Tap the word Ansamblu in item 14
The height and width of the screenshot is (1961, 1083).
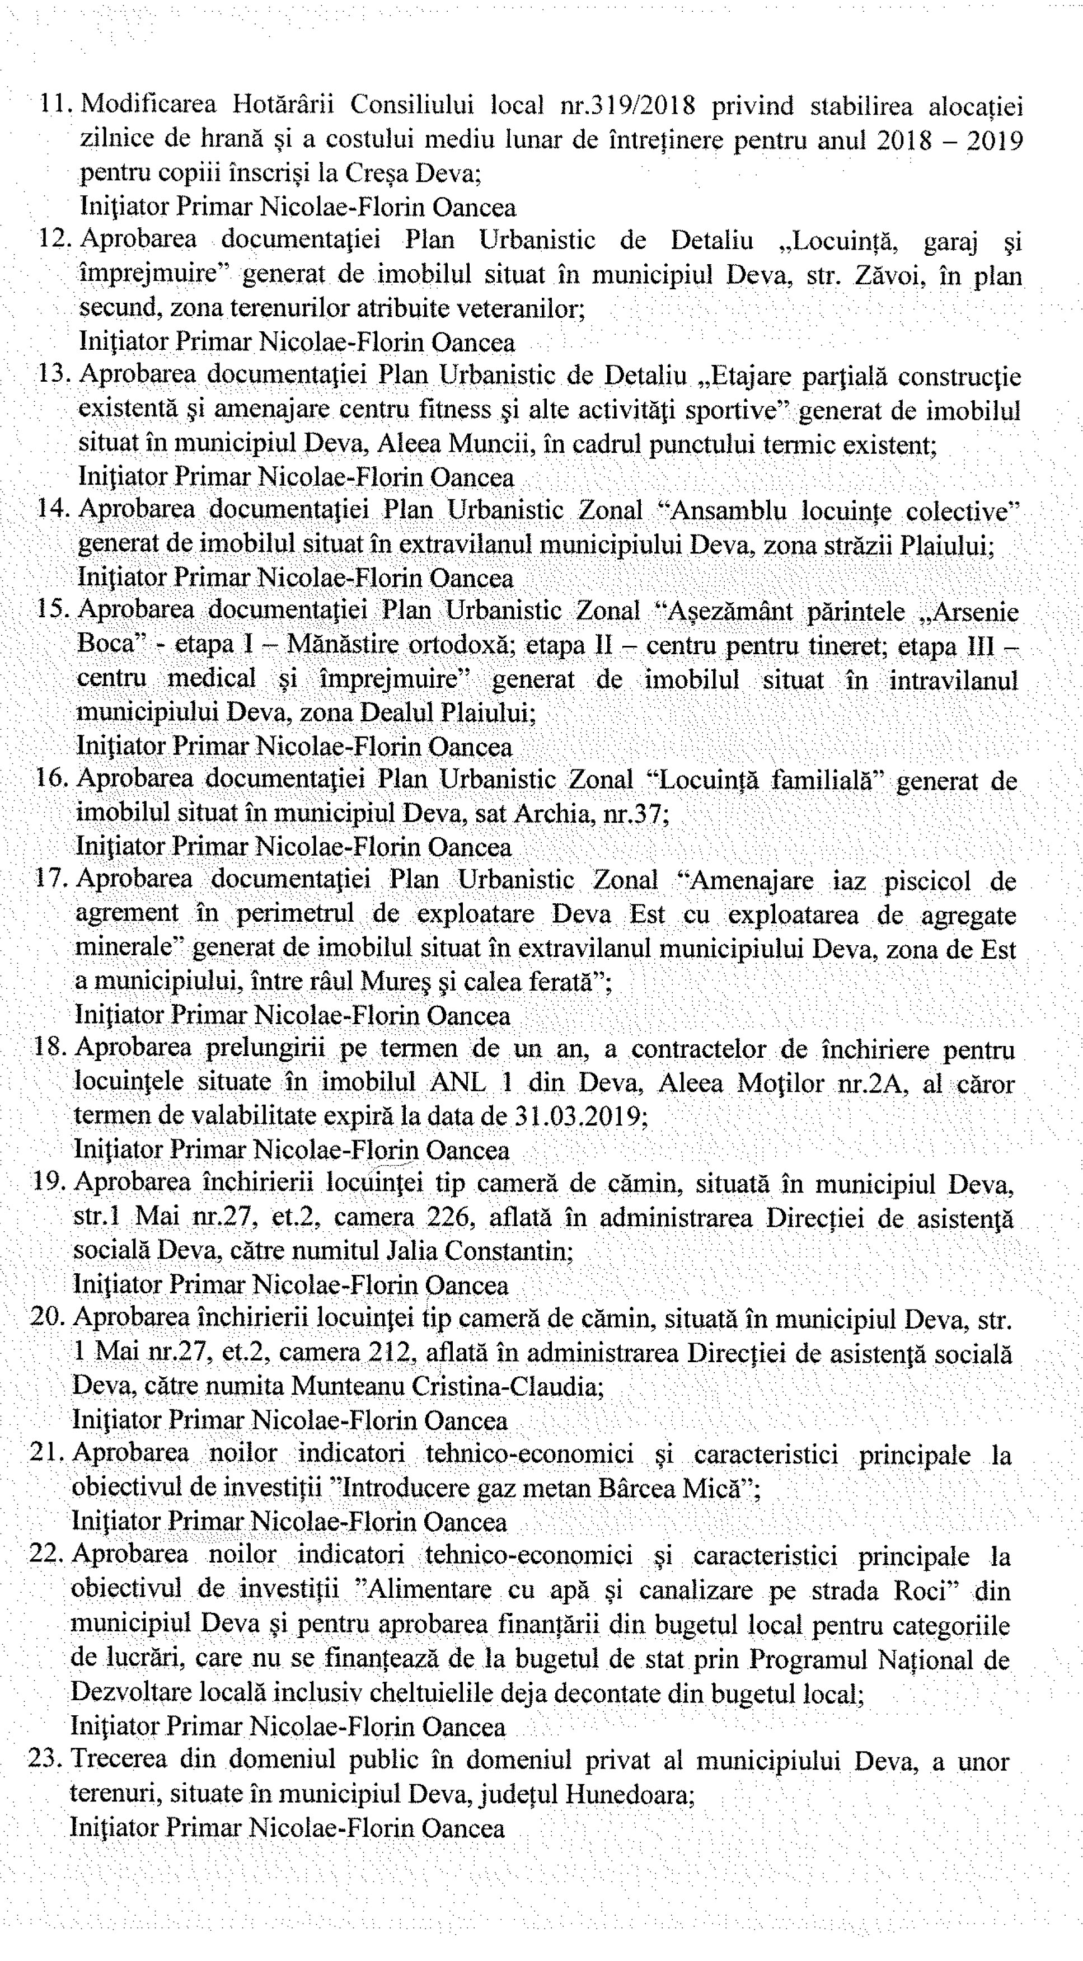(727, 510)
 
